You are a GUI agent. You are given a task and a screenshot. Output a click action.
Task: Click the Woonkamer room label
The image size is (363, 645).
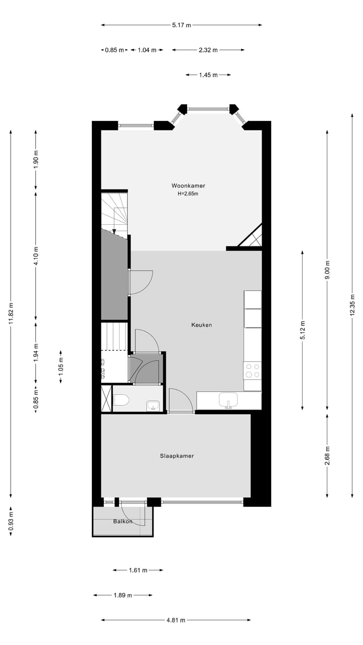[x=188, y=185]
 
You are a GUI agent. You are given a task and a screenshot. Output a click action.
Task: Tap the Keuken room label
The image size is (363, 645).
[x=201, y=325]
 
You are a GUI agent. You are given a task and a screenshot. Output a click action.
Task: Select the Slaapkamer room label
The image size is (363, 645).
[x=176, y=456]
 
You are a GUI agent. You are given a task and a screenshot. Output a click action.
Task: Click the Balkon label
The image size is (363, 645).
[x=122, y=521]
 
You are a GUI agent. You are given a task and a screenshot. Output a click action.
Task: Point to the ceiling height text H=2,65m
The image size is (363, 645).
[x=188, y=193]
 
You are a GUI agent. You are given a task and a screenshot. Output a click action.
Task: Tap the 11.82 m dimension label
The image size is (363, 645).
[x=11, y=313]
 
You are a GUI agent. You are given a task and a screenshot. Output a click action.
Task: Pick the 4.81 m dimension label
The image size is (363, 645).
[x=175, y=620]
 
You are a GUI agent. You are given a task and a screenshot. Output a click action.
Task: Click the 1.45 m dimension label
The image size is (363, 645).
[x=208, y=75]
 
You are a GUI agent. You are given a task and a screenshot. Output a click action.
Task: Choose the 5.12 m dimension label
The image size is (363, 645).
[x=302, y=330]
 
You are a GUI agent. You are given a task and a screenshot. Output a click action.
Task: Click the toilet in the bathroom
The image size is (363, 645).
[x=121, y=400]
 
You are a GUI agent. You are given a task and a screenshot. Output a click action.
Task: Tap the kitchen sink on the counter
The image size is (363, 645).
[x=228, y=400]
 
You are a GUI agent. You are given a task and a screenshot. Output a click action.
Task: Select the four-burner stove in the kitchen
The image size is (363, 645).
[x=253, y=370]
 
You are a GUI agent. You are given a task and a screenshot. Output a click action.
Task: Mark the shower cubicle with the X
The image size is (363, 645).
[x=106, y=399]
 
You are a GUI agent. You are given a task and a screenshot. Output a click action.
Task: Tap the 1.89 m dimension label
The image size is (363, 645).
[x=123, y=595]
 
